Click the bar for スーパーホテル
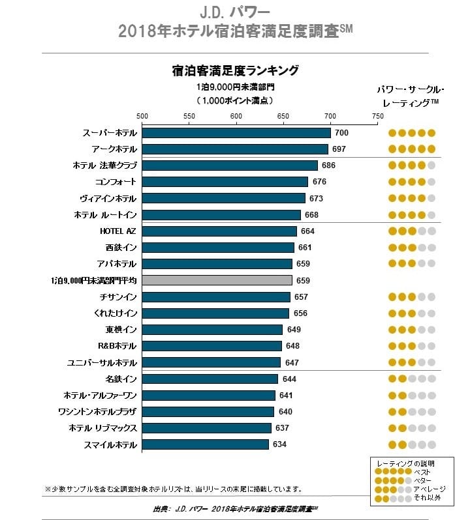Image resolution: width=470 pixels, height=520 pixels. pos(236,133)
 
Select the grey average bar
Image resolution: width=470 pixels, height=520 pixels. pos(217,280)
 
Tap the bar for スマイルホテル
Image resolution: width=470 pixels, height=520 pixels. pos(205,444)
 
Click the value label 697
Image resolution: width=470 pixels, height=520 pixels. pos(339,149)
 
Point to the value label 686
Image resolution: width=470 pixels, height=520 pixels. pos(328,166)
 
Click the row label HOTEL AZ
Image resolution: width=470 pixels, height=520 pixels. pos(117,231)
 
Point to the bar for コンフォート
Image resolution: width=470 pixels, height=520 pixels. pos(225,182)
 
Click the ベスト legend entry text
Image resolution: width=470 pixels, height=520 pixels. pos(424,471)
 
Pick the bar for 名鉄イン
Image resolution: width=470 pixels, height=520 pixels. pos(210,379)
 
